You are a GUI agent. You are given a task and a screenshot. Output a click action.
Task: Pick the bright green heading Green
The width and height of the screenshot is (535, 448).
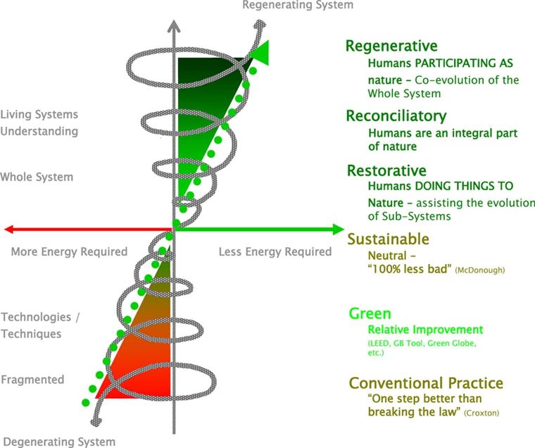pyautogui.click(x=370, y=314)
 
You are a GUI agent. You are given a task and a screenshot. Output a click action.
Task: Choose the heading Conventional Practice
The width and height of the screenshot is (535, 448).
pyautogui.click(x=426, y=383)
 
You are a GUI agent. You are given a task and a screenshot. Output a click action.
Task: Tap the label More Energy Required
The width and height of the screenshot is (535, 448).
pyautogui.click(x=69, y=251)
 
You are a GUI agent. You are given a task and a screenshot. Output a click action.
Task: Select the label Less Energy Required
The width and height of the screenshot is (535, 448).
pyautogui.click(x=275, y=251)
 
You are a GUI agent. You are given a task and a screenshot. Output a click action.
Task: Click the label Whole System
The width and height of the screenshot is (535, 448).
pyautogui.click(x=37, y=177)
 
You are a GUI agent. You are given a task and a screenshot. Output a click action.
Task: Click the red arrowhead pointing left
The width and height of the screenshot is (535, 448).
pyautogui.click(x=10, y=229)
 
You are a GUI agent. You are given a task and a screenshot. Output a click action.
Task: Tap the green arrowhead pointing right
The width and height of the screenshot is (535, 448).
pyautogui.click(x=336, y=229)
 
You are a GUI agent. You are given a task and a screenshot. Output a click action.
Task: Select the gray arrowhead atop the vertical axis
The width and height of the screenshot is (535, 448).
pyautogui.click(x=173, y=26)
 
